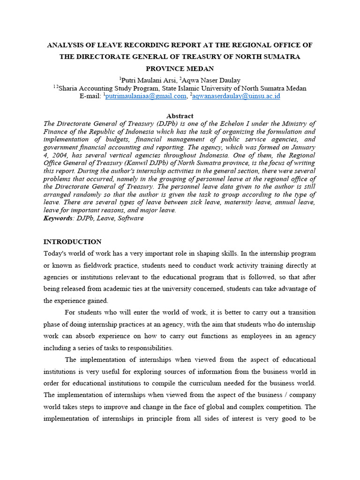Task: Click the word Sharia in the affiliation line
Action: [72, 88]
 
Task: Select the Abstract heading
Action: [180, 116]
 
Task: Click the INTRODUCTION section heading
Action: [72, 242]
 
